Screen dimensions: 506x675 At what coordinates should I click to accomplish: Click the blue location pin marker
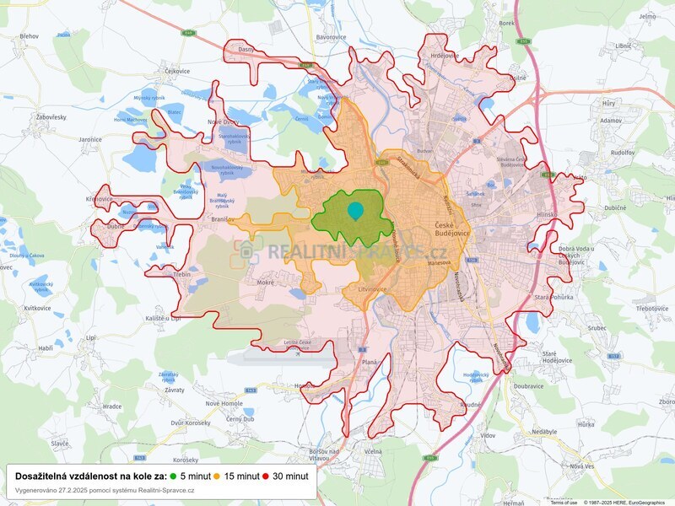click(355, 211)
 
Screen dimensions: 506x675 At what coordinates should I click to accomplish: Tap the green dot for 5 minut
click(174, 476)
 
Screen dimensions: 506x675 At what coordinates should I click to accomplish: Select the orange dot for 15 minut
click(219, 476)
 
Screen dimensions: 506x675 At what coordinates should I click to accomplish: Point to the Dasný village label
click(246, 50)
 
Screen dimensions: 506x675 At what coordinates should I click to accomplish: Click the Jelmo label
click(647, 16)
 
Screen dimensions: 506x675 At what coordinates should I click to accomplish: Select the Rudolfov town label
click(623, 153)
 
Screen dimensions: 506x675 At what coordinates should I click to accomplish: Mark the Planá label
click(370, 362)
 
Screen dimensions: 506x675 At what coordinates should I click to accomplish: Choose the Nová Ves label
click(581, 466)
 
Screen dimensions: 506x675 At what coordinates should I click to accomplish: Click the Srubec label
click(574, 329)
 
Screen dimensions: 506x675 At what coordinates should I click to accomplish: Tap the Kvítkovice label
click(38, 309)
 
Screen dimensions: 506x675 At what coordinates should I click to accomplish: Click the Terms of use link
click(563, 502)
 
